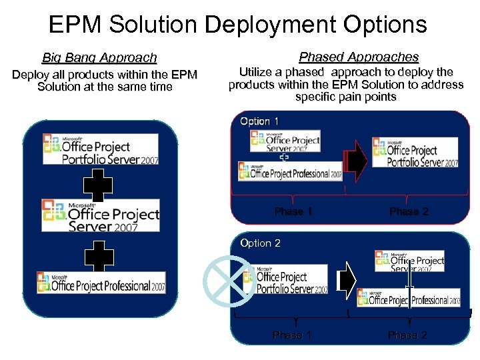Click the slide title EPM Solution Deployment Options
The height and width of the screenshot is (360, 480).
(238, 25)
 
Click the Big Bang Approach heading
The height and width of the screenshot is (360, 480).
(99, 58)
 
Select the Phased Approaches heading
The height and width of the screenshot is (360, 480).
(359, 57)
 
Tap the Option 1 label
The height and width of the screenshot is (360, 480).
(259, 121)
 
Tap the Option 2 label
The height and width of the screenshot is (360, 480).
(260, 243)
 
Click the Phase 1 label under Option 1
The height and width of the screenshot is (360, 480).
(293, 211)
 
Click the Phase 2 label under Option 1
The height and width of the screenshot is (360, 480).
(409, 211)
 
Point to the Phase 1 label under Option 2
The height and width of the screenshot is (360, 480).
(292, 335)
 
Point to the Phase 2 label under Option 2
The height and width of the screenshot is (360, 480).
(407, 335)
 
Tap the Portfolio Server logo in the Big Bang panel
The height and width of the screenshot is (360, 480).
(101, 149)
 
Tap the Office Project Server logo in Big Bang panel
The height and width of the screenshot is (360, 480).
(101, 215)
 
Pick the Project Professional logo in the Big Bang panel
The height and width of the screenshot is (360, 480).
(101, 282)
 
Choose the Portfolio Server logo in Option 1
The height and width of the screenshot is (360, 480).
(415, 153)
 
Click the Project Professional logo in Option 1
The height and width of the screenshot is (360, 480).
(291, 172)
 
